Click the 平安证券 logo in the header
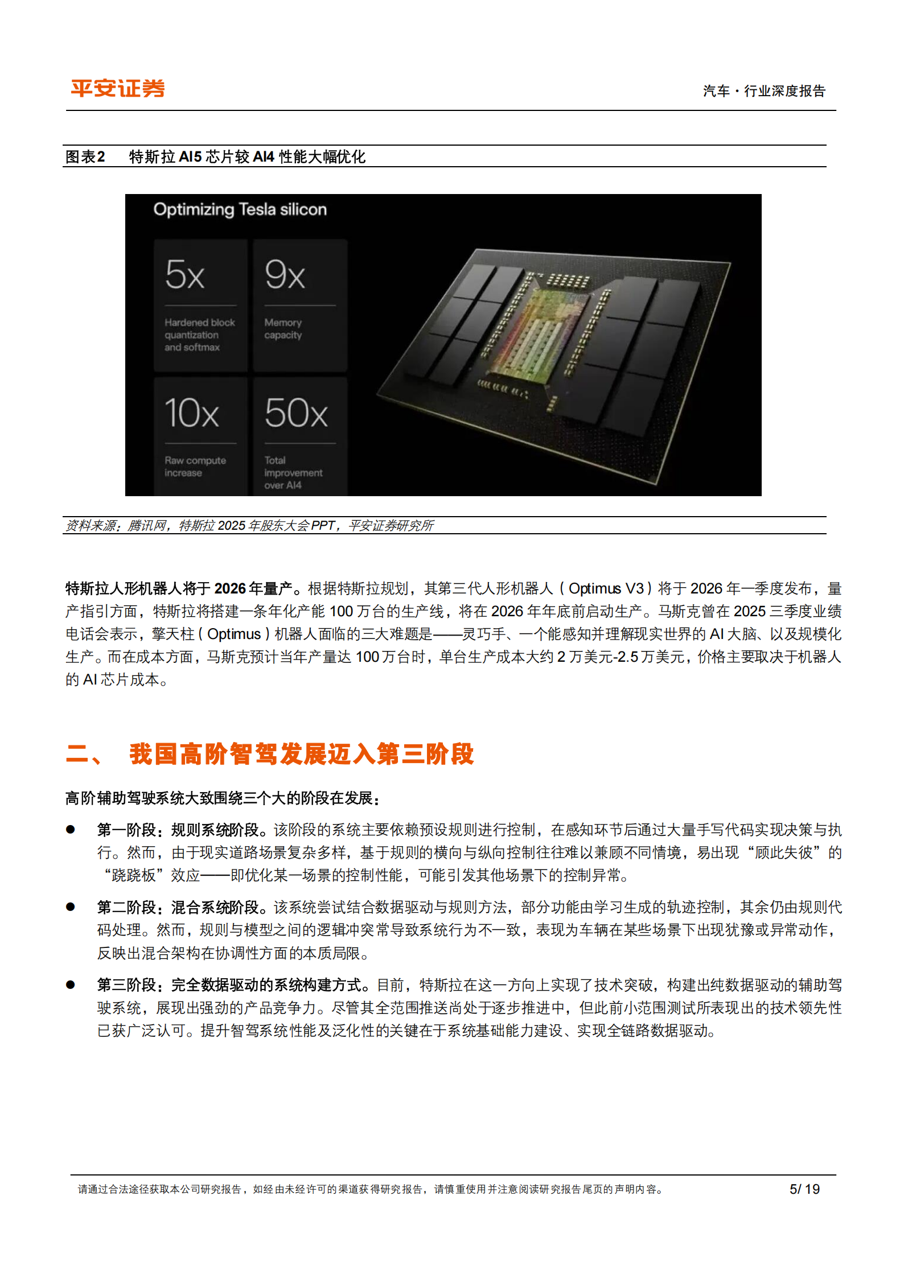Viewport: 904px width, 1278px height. [x=118, y=89]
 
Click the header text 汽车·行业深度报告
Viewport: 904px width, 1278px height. [x=764, y=91]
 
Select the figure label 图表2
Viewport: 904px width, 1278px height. [x=85, y=156]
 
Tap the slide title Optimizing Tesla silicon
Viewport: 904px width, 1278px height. [x=240, y=209]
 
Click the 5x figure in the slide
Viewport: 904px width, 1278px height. [x=185, y=275]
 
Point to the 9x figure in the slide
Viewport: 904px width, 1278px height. [x=285, y=275]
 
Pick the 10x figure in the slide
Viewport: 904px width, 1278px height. [x=192, y=413]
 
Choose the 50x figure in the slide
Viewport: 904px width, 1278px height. [x=296, y=413]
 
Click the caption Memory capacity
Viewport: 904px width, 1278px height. [x=283, y=329]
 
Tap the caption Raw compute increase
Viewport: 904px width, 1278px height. [x=195, y=466]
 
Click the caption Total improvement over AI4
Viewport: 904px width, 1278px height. [x=293, y=472]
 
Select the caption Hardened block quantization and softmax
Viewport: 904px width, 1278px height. [x=199, y=335]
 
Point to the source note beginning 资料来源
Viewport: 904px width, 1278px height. [x=249, y=525]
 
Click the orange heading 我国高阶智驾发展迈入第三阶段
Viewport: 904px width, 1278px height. [x=301, y=754]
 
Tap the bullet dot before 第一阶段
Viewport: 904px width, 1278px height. [x=71, y=830]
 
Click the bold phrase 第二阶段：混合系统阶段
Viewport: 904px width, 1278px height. [x=178, y=907]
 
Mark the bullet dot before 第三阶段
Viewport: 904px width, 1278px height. [x=71, y=985]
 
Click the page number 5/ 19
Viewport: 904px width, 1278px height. [x=804, y=1189]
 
